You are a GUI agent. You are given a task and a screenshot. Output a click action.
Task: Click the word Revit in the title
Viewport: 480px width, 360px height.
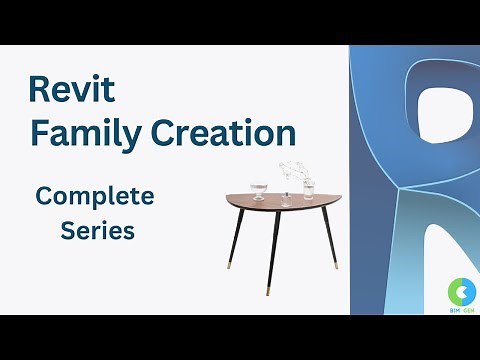pyautogui.click(x=72, y=91)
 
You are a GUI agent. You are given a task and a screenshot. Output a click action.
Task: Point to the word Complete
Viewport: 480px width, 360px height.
pyautogui.click(x=95, y=196)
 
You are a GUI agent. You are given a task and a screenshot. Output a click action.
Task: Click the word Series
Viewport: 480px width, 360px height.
pyautogui.click(x=98, y=230)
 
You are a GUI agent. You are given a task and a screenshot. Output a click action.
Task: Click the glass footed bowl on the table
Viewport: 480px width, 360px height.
pyautogui.click(x=260, y=189)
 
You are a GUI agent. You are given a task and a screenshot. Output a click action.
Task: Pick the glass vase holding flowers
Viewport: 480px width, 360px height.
pyautogui.click(x=308, y=187)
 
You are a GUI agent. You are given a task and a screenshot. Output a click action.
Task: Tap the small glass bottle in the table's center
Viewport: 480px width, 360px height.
pyautogui.click(x=285, y=196)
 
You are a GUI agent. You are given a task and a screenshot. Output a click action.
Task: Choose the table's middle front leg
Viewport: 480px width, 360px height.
pyautogui.click(x=271, y=250)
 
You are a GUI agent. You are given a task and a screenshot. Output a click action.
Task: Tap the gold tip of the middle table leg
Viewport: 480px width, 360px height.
pyautogui.click(x=270, y=291)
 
